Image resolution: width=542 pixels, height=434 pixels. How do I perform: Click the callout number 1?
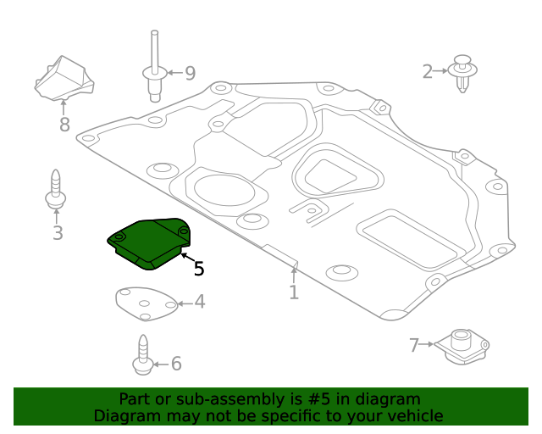[293, 292]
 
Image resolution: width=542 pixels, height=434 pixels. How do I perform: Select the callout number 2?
[428, 72]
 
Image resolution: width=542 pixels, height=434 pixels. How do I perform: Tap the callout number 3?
[57, 232]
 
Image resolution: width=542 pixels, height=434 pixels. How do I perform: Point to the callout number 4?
[199, 302]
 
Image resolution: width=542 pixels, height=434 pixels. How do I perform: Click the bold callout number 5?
[198, 269]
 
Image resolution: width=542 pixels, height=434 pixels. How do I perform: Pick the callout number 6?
[176, 364]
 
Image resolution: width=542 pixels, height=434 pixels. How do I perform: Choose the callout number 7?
[414, 345]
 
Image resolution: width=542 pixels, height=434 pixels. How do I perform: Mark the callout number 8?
[64, 125]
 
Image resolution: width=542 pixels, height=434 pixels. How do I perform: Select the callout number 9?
[189, 74]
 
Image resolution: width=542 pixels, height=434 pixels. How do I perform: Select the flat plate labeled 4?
[145, 304]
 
